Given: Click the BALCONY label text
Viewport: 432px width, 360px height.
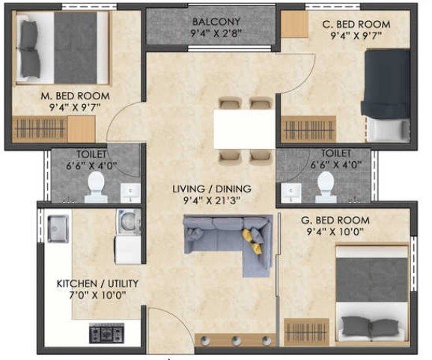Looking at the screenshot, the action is pos(216,22).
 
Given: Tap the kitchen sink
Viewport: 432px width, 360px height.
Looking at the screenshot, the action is pos(58,229).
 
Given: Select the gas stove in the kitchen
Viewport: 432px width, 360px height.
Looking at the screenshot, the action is pos(106,333).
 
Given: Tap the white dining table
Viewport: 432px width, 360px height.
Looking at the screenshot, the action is pos(245,129).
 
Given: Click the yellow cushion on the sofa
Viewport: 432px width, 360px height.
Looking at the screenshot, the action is pos(252,240).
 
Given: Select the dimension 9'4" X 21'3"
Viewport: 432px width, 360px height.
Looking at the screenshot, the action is pos(212,201).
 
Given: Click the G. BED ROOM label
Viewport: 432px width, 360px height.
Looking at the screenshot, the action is pos(335,220).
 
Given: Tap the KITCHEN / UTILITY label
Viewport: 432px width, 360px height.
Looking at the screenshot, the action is pos(97,284).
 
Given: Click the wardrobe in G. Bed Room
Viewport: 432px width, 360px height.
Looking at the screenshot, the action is pos(306,332).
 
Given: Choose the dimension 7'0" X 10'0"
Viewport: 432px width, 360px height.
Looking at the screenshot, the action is pos(97,296).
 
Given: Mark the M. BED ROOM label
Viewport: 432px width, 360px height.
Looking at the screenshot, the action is pos(75,96).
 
